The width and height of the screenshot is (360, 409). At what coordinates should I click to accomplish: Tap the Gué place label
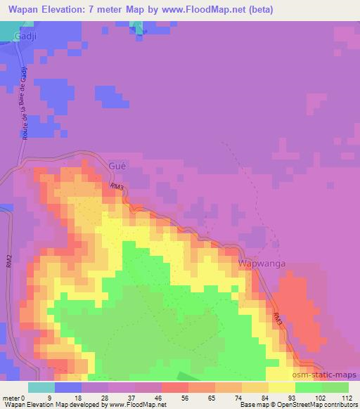117,165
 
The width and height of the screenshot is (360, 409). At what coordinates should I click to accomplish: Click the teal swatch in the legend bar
41,387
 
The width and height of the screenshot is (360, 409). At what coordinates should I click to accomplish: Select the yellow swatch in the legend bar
282,387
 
